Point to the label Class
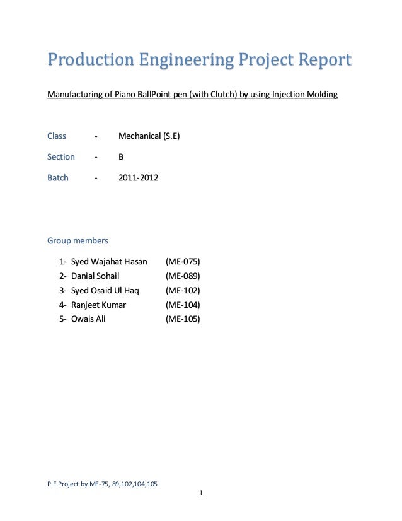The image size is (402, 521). [x=57, y=136]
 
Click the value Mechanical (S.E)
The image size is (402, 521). [x=149, y=136]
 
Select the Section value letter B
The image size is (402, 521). [x=122, y=157]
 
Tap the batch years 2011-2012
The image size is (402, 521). [x=139, y=178]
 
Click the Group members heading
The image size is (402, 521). [x=78, y=240]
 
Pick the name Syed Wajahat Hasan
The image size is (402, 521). [x=109, y=261]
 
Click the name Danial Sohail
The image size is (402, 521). [x=95, y=276]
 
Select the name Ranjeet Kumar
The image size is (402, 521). [x=98, y=305]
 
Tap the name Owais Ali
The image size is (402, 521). [x=88, y=319]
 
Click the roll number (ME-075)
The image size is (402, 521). [x=182, y=261]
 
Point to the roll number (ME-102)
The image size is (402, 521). [x=182, y=290]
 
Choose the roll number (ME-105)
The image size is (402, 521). [x=182, y=319]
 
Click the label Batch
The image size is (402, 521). [x=58, y=178]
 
